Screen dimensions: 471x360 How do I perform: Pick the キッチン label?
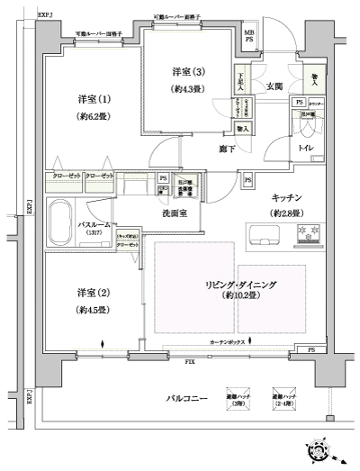287,196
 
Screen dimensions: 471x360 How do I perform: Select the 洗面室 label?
175,213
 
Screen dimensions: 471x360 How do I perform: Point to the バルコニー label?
187,397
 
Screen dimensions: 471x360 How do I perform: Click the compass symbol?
323,450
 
